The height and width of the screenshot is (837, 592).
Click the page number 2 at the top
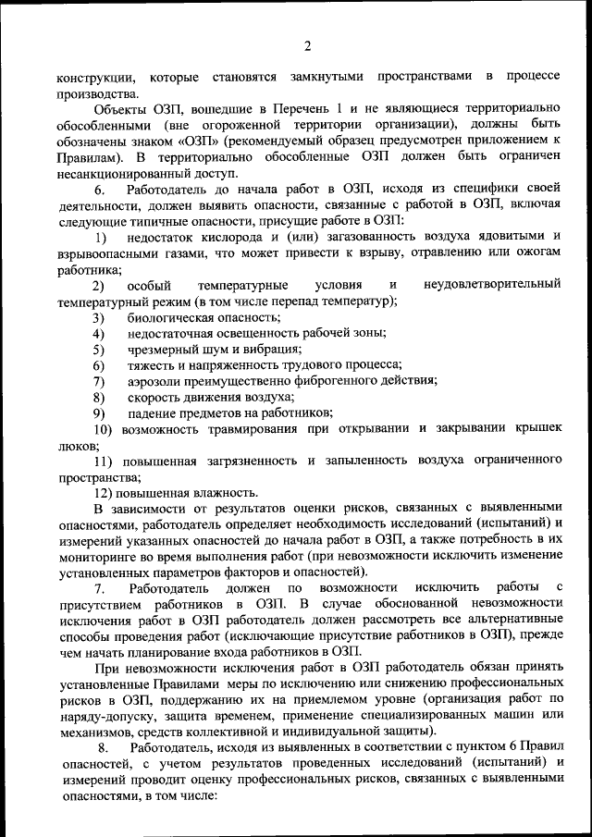click(x=307, y=47)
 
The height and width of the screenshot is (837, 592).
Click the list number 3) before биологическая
click(x=98, y=317)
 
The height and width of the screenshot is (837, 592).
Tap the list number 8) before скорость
click(x=98, y=396)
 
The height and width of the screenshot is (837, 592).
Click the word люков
click(x=73, y=444)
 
